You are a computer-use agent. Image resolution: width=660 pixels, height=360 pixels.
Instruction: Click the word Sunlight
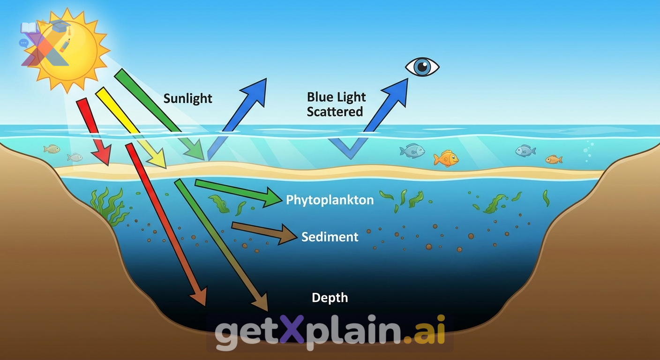[187, 99]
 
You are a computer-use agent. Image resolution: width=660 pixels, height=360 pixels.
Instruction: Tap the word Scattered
[335, 112]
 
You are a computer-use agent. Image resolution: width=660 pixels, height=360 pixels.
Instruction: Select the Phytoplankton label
[330, 200]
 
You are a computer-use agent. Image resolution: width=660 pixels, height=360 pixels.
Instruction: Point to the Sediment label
[330, 237]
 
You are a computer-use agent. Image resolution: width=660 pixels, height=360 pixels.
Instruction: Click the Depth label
[330, 298]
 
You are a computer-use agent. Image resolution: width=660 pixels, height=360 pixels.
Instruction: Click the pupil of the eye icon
[422, 67]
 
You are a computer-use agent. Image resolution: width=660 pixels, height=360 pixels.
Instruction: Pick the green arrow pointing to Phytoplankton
[238, 193]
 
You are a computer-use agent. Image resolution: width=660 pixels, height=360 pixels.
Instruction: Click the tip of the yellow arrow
[166, 168]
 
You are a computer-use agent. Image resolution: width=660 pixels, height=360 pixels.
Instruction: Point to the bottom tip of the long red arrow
[205, 306]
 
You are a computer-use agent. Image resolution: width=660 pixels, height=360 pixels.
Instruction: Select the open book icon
[29, 28]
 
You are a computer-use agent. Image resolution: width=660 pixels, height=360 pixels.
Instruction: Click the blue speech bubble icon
[23, 43]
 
